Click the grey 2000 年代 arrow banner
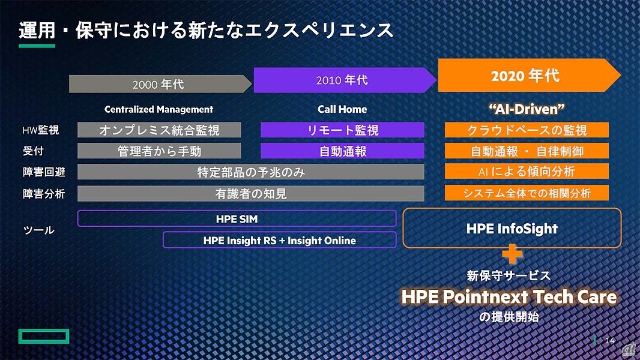point(160,84)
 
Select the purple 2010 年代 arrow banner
point(345,80)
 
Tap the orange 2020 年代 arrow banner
point(530,76)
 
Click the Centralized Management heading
point(158,109)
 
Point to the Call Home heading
point(342,109)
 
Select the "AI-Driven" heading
point(527,109)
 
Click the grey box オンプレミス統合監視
point(159,130)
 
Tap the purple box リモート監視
point(342,130)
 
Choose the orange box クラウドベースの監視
point(527,130)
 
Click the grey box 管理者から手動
point(159,151)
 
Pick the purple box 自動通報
point(342,151)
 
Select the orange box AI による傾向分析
point(527,171)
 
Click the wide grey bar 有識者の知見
point(251,194)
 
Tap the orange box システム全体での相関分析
point(527,193)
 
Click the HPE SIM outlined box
point(237,218)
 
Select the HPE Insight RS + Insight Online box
point(280,240)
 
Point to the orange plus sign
point(512,254)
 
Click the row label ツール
point(39,230)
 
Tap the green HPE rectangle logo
point(44,336)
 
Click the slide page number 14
point(610,340)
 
